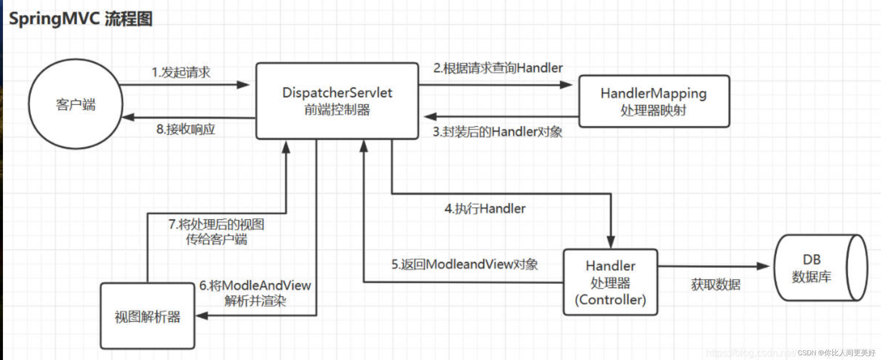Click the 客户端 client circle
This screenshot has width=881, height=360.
[75, 104]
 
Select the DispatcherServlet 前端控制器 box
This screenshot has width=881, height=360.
[337, 101]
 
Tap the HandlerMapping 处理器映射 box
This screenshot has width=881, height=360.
[654, 102]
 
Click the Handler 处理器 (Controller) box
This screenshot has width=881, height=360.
[610, 282]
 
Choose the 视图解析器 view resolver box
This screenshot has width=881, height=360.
[147, 316]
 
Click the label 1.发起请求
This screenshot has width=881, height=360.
[181, 72]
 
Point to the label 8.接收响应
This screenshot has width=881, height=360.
[185, 129]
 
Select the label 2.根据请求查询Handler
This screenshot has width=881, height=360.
[498, 68]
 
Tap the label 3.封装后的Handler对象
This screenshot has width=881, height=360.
[497, 132]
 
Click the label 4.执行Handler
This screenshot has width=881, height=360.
[485, 209]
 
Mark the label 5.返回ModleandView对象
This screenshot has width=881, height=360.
[464, 264]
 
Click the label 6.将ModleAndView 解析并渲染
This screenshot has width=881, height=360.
[255, 293]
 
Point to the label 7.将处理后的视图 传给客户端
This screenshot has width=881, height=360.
[216, 232]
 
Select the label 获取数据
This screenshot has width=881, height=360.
[715, 284]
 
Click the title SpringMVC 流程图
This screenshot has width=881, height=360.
[80, 19]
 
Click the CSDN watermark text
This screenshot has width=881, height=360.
[836, 353]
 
